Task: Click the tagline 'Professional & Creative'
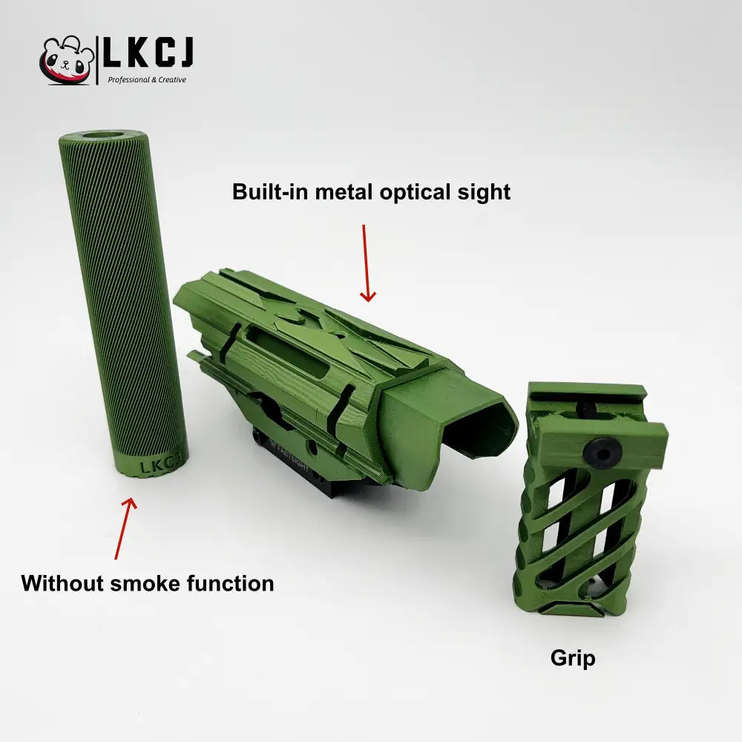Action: click(x=147, y=80)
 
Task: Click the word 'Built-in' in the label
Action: click(x=268, y=191)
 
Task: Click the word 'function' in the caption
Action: click(x=233, y=582)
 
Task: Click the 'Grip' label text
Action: click(x=572, y=657)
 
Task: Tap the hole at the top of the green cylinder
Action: click(x=103, y=137)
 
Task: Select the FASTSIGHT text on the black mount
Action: click(x=294, y=448)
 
